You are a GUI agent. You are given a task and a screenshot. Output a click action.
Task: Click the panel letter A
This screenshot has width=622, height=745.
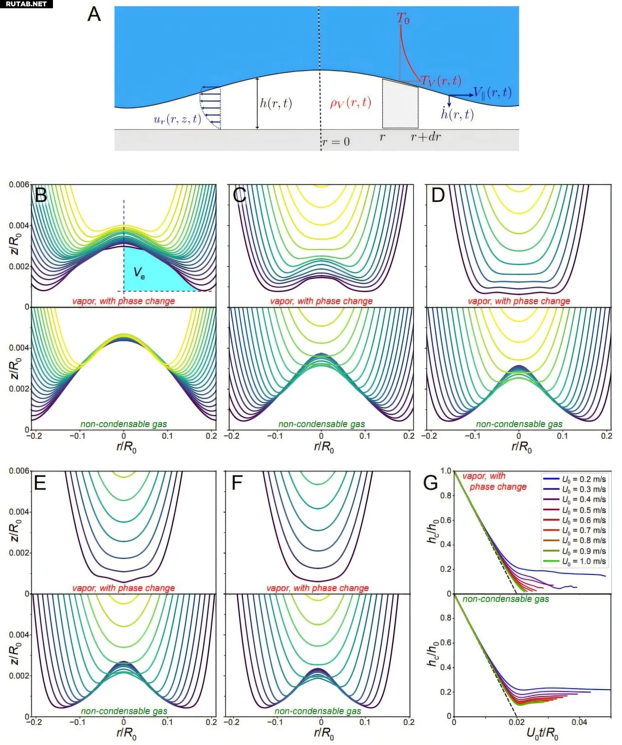pyautogui.click(x=94, y=14)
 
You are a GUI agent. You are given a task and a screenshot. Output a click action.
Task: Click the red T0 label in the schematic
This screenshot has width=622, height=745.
pyautogui.click(x=403, y=19)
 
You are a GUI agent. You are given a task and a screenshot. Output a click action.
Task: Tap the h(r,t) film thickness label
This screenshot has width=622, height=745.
pyautogui.click(x=276, y=103)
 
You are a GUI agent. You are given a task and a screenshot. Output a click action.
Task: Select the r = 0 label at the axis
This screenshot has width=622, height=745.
pyautogui.click(x=336, y=142)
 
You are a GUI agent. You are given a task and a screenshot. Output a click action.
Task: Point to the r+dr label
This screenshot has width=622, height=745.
pyautogui.click(x=426, y=137)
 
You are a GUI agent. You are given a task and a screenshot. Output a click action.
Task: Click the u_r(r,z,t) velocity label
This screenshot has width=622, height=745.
pyautogui.click(x=177, y=120)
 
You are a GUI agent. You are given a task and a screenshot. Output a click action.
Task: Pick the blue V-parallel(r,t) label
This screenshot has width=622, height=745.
pyautogui.click(x=492, y=93)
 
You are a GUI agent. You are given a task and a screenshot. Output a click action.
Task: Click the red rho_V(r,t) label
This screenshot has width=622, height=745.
pyautogui.click(x=350, y=103)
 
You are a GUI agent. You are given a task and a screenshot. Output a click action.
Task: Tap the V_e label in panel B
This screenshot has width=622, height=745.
pyautogui.click(x=139, y=273)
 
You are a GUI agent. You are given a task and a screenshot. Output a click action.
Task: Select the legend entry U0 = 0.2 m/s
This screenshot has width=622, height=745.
pyautogui.click(x=584, y=479)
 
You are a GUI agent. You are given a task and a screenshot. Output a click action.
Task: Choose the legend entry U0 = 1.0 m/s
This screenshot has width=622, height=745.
pyautogui.click(x=584, y=561)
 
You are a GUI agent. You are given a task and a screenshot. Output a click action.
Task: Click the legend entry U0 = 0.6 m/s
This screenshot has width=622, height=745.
pyautogui.click(x=584, y=520)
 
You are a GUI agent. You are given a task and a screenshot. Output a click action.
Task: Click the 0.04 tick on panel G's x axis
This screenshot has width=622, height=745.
pyautogui.click(x=579, y=723)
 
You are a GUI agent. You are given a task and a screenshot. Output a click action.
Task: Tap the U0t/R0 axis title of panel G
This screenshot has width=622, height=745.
pyautogui.click(x=542, y=734)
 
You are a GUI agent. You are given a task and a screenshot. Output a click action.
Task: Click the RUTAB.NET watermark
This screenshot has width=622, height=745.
pyautogui.click(x=26, y=4)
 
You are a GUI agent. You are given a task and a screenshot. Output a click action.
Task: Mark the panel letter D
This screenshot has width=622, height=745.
pyautogui.click(x=438, y=195)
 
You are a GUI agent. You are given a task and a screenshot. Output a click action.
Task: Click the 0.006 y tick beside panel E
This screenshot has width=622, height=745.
pyautogui.click(x=19, y=471)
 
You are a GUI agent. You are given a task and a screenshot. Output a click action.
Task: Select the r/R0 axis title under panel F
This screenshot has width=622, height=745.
pyautogui.click(x=324, y=733)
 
